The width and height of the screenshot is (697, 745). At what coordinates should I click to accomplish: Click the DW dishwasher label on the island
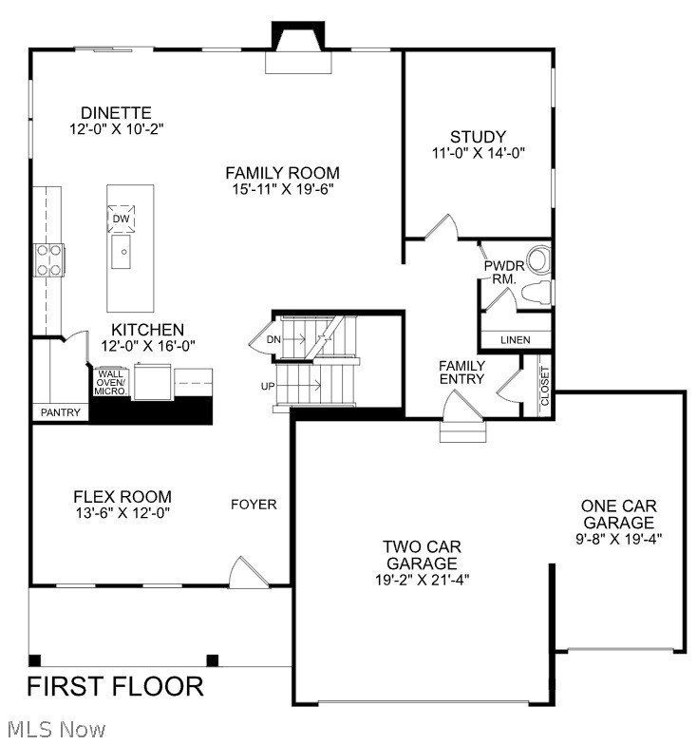point(121,219)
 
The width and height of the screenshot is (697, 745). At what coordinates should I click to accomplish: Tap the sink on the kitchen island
point(121,252)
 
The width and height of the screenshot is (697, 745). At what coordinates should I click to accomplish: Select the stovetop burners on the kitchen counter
point(49,260)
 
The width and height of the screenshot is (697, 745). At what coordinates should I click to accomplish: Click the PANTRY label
point(61,412)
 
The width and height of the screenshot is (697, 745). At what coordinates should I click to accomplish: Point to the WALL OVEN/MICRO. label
point(110,382)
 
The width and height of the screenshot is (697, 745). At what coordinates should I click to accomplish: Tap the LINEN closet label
point(515,340)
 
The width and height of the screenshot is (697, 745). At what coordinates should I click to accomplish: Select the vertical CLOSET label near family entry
point(544,386)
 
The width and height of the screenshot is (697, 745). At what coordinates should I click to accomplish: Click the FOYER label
point(254,504)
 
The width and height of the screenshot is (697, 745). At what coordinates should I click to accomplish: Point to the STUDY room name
point(478,137)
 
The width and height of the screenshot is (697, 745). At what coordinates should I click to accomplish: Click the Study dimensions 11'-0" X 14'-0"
point(479,153)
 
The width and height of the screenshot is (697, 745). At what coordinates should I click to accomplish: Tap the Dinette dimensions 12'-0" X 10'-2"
point(116,129)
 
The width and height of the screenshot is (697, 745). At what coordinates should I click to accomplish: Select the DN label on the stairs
point(273,339)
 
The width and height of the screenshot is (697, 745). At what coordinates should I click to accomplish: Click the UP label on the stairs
point(268,386)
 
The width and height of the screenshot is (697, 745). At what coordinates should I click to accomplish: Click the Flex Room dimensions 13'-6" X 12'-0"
point(122,513)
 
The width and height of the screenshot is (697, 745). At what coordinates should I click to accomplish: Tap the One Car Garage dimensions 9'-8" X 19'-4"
point(619,539)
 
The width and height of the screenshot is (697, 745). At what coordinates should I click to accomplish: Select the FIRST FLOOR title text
point(116,686)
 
